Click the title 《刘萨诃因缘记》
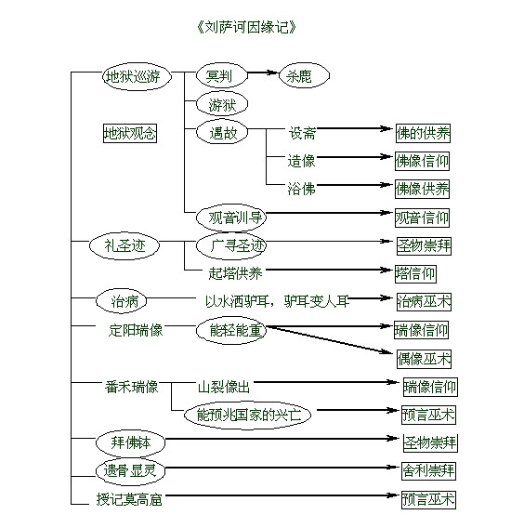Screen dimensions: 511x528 coord(246,27)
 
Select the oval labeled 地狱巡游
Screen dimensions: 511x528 coord(137,76)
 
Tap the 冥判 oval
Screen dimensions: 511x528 coord(222,75)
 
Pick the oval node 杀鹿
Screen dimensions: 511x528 coord(304,75)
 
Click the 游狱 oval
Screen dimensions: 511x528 coord(222,104)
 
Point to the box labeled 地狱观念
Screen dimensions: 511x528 coord(130,133)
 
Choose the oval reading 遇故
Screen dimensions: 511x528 coord(222,132)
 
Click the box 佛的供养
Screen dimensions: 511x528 coord(423,133)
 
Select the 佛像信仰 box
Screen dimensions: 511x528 coord(422,161)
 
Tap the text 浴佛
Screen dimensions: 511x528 coord(301,189)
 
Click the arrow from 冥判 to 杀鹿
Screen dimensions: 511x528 coord(263,73)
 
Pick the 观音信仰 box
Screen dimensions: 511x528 coord(422,218)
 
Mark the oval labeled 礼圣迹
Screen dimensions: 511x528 coord(124,245)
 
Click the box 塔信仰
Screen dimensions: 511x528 coord(415,273)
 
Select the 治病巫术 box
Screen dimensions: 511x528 coord(424,302)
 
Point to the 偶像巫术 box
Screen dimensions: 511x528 coord(424,359)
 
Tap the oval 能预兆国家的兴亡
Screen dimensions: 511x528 coord(247,415)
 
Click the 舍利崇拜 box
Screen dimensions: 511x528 coord(428,470)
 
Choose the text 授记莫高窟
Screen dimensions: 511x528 coord(129,499)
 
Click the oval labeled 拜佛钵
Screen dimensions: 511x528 coord(130,442)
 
